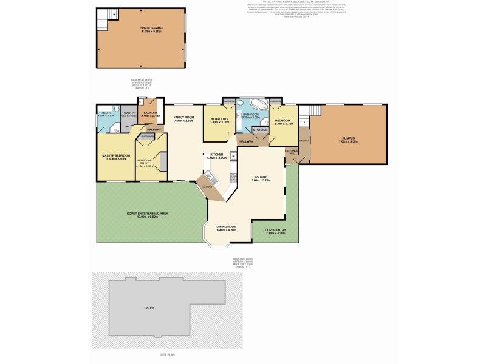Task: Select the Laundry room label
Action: click(x=150, y=113)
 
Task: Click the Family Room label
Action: click(x=183, y=119)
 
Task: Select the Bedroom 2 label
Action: click(x=219, y=120)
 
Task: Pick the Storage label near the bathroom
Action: click(x=261, y=129)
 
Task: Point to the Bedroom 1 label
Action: click(x=284, y=121)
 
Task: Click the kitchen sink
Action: click(x=210, y=177)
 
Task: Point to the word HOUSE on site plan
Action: click(x=149, y=308)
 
